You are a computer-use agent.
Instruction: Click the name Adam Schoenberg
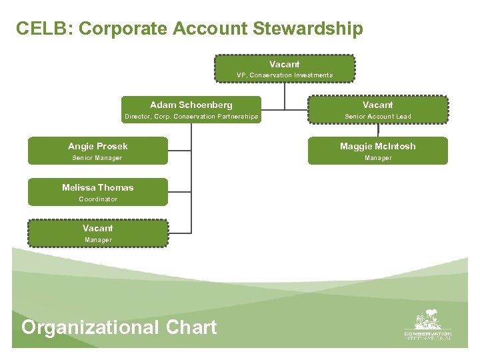(191, 105)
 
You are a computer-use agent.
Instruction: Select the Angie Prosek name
(98, 146)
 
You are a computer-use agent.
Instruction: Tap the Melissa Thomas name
(98, 187)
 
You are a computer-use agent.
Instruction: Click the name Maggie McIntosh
(377, 146)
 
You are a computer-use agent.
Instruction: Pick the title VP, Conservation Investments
(285, 75)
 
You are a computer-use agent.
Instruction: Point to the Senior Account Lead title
(377, 117)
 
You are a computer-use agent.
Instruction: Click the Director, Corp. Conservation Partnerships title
(191, 117)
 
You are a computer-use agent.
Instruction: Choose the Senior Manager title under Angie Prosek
(97, 158)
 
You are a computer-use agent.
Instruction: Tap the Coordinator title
(98, 199)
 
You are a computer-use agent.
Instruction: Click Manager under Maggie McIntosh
(377, 158)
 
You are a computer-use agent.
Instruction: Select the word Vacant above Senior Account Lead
(377, 105)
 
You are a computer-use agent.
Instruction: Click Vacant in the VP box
(285, 64)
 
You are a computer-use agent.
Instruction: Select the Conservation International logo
(427, 326)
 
